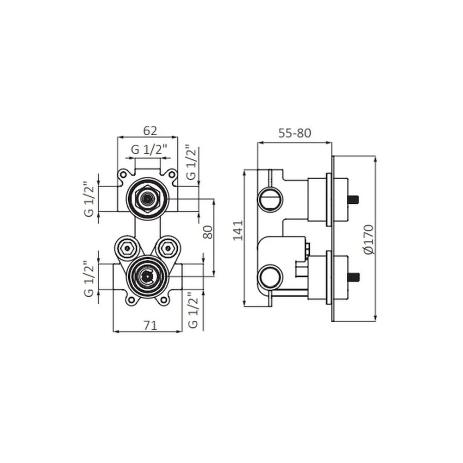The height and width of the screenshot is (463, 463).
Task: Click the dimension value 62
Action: (150, 131)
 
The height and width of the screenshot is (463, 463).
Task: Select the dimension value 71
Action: (150, 325)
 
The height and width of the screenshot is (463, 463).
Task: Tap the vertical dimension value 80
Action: (208, 232)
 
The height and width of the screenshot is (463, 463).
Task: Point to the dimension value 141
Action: (238, 230)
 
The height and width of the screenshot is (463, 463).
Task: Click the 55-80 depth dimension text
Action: (294, 133)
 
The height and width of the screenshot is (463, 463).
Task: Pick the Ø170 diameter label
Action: (369, 239)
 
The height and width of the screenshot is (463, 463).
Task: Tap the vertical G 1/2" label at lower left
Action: (89, 278)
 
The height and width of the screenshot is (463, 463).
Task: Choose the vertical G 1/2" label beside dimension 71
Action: (193, 310)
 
